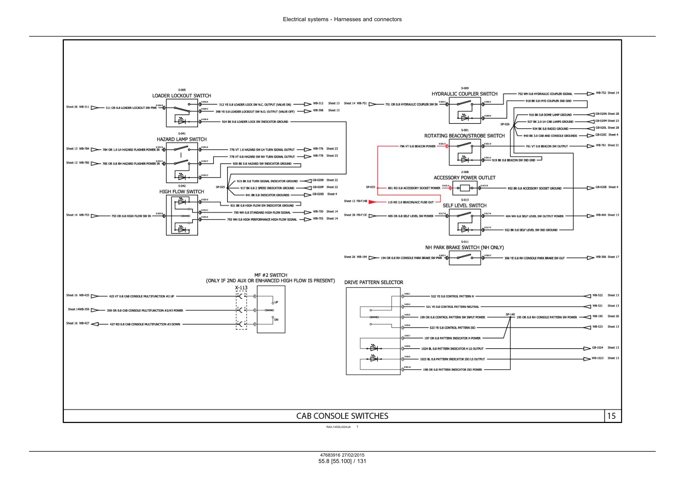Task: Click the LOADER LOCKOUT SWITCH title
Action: pos(181,96)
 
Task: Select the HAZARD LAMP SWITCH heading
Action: pos(181,139)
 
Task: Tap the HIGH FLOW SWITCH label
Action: pos(181,192)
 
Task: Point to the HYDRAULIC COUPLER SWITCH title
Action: pos(464,94)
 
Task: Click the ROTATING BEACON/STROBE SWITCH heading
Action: pos(464,136)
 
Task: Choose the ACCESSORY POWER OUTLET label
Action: pos(464,178)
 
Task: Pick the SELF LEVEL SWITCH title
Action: pos(464,206)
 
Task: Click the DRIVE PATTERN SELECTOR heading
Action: pos(373,282)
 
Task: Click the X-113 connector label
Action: pos(241,288)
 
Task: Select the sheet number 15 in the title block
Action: pos(611,416)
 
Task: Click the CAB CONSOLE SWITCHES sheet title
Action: pos(342,416)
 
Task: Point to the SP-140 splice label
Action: pos(510,314)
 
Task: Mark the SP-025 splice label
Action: pos(220,187)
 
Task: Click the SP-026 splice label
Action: pos(505,124)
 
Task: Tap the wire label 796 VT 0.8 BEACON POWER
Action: pos(417,146)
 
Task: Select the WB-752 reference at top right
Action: pos(601,93)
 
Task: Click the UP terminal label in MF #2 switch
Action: pos(276,303)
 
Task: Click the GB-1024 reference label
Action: pos(598,348)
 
